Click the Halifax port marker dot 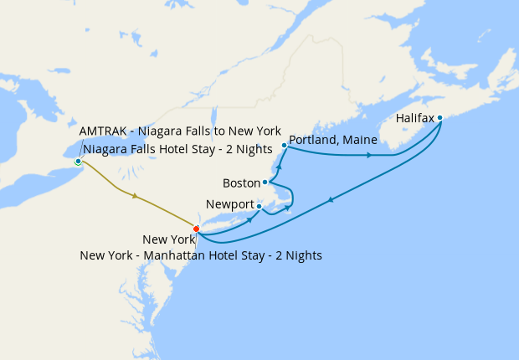click(x=439, y=118)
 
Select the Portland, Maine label click(x=332, y=139)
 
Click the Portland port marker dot click(x=285, y=146)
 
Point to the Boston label click(x=241, y=183)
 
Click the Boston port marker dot click(x=265, y=182)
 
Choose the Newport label click(x=229, y=205)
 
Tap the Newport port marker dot click(x=259, y=206)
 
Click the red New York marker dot click(x=196, y=229)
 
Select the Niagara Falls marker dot click(x=78, y=162)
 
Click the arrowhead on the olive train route click(x=134, y=196)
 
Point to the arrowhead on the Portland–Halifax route click(x=369, y=155)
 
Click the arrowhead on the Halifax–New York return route click(x=331, y=199)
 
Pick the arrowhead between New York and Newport click(x=250, y=221)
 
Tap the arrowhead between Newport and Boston click(x=288, y=207)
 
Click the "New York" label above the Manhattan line click(x=169, y=239)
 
